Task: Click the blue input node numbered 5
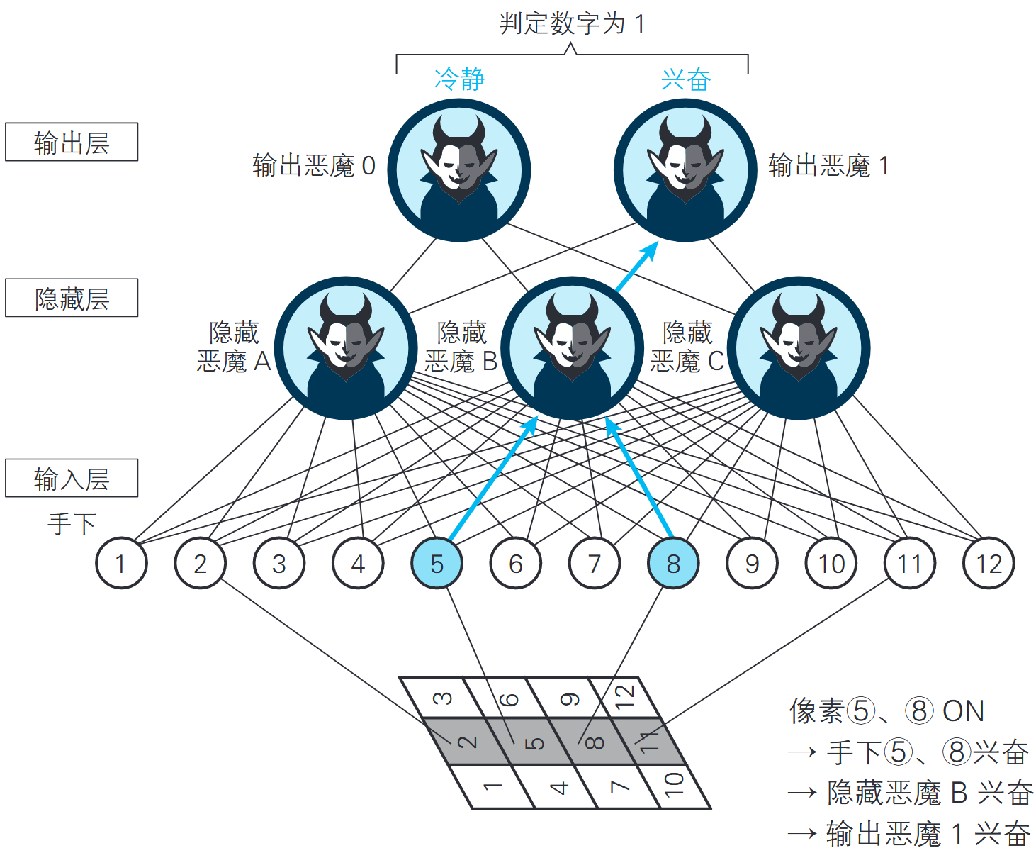coord(437,564)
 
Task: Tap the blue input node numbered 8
coord(672,564)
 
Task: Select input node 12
coord(989,564)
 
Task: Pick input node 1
coord(121,564)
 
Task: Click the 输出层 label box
coord(72,143)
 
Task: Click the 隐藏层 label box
coord(72,299)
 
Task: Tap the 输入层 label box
coord(72,479)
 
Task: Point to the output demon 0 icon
coord(459,170)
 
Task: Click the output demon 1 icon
coord(685,170)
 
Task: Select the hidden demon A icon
coord(346,348)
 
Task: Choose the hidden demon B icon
coord(572,348)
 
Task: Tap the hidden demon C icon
coord(799,348)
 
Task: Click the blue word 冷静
coord(459,79)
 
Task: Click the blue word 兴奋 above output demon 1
coord(685,79)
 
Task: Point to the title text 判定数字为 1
coord(572,24)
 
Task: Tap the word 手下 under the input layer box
coord(72,524)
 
